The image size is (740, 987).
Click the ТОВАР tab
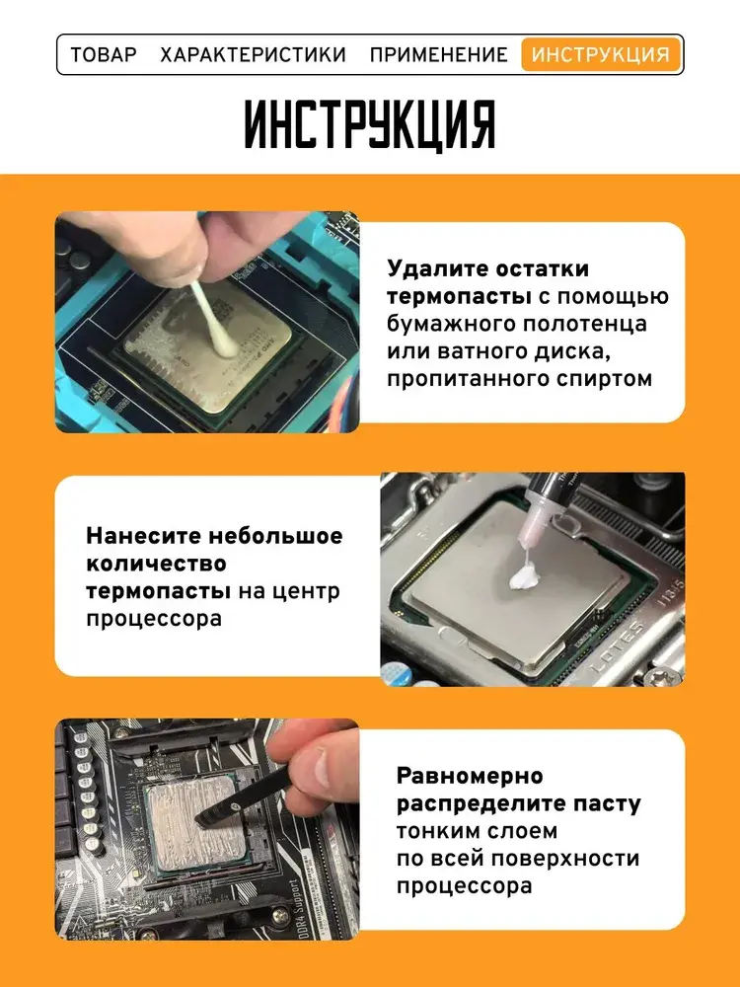[x=104, y=54]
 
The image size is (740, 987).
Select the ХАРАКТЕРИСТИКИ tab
[x=253, y=54]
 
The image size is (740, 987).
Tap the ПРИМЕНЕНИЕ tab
[x=439, y=54]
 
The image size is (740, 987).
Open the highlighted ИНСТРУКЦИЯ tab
[x=600, y=54]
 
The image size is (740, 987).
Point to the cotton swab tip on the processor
[x=224, y=342]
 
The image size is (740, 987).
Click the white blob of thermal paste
[x=526, y=575]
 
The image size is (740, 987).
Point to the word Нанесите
[x=143, y=536]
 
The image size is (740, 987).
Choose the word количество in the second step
[x=156, y=564]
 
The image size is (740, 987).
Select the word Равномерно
[x=470, y=776]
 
